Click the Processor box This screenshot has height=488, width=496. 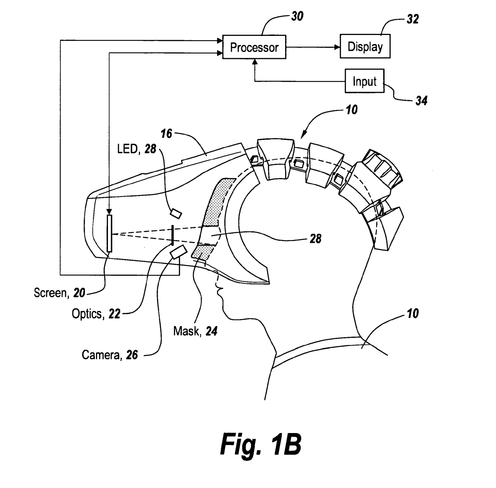tap(254, 47)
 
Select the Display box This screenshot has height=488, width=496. tap(365, 46)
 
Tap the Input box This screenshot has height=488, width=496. tap(364, 81)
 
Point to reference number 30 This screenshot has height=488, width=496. tap(297, 16)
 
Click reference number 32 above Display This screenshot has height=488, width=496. tap(412, 19)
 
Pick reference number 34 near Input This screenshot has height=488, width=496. tap(421, 101)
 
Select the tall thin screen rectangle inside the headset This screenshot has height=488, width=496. tap(109, 233)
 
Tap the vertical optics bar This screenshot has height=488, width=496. tap(172, 235)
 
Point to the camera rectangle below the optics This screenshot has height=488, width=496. tap(179, 252)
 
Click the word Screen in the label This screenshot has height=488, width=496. tap(50, 293)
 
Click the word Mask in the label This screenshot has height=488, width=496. tap(186, 331)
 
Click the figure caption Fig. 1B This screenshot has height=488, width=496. tap(260, 445)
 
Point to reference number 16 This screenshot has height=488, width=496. tap(166, 134)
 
